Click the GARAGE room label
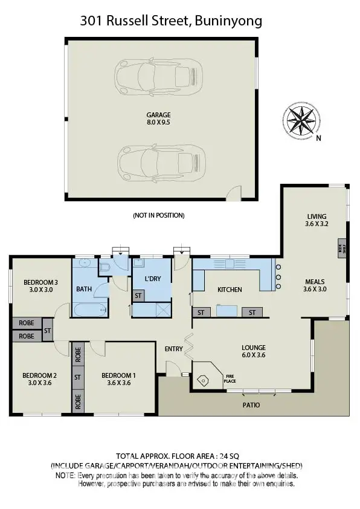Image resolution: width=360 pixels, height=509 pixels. click(x=158, y=118)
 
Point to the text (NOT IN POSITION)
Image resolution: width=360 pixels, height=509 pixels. click(x=158, y=215)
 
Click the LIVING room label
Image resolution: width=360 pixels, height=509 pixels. click(x=316, y=220)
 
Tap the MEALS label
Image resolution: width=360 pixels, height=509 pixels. click(x=314, y=285)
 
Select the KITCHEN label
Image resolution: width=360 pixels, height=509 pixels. click(x=230, y=290)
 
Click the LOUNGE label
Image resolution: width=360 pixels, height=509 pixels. click(x=254, y=351)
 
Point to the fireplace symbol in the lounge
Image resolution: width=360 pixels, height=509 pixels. click(x=204, y=380)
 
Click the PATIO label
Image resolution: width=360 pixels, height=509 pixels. click(x=251, y=405)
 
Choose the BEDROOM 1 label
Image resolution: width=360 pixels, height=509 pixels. click(x=118, y=378)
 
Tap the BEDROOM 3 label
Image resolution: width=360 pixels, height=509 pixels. click(x=40, y=286)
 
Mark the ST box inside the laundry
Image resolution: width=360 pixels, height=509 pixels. click(x=138, y=296)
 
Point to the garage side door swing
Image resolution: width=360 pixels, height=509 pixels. click(x=230, y=195)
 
